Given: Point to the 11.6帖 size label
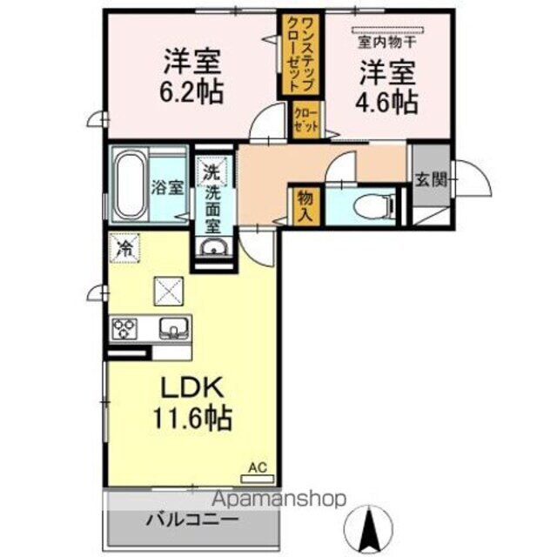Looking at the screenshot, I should pyautogui.click(x=192, y=419).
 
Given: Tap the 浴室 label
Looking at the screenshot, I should pyautogui.click(x=168, y=186).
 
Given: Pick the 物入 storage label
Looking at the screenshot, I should pyautogui.click(x=305, y=206).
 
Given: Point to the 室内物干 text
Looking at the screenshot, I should pyautogui.click(x=386, y=40).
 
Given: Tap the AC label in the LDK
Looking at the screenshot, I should pyautogui.click(x=257, y=467).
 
